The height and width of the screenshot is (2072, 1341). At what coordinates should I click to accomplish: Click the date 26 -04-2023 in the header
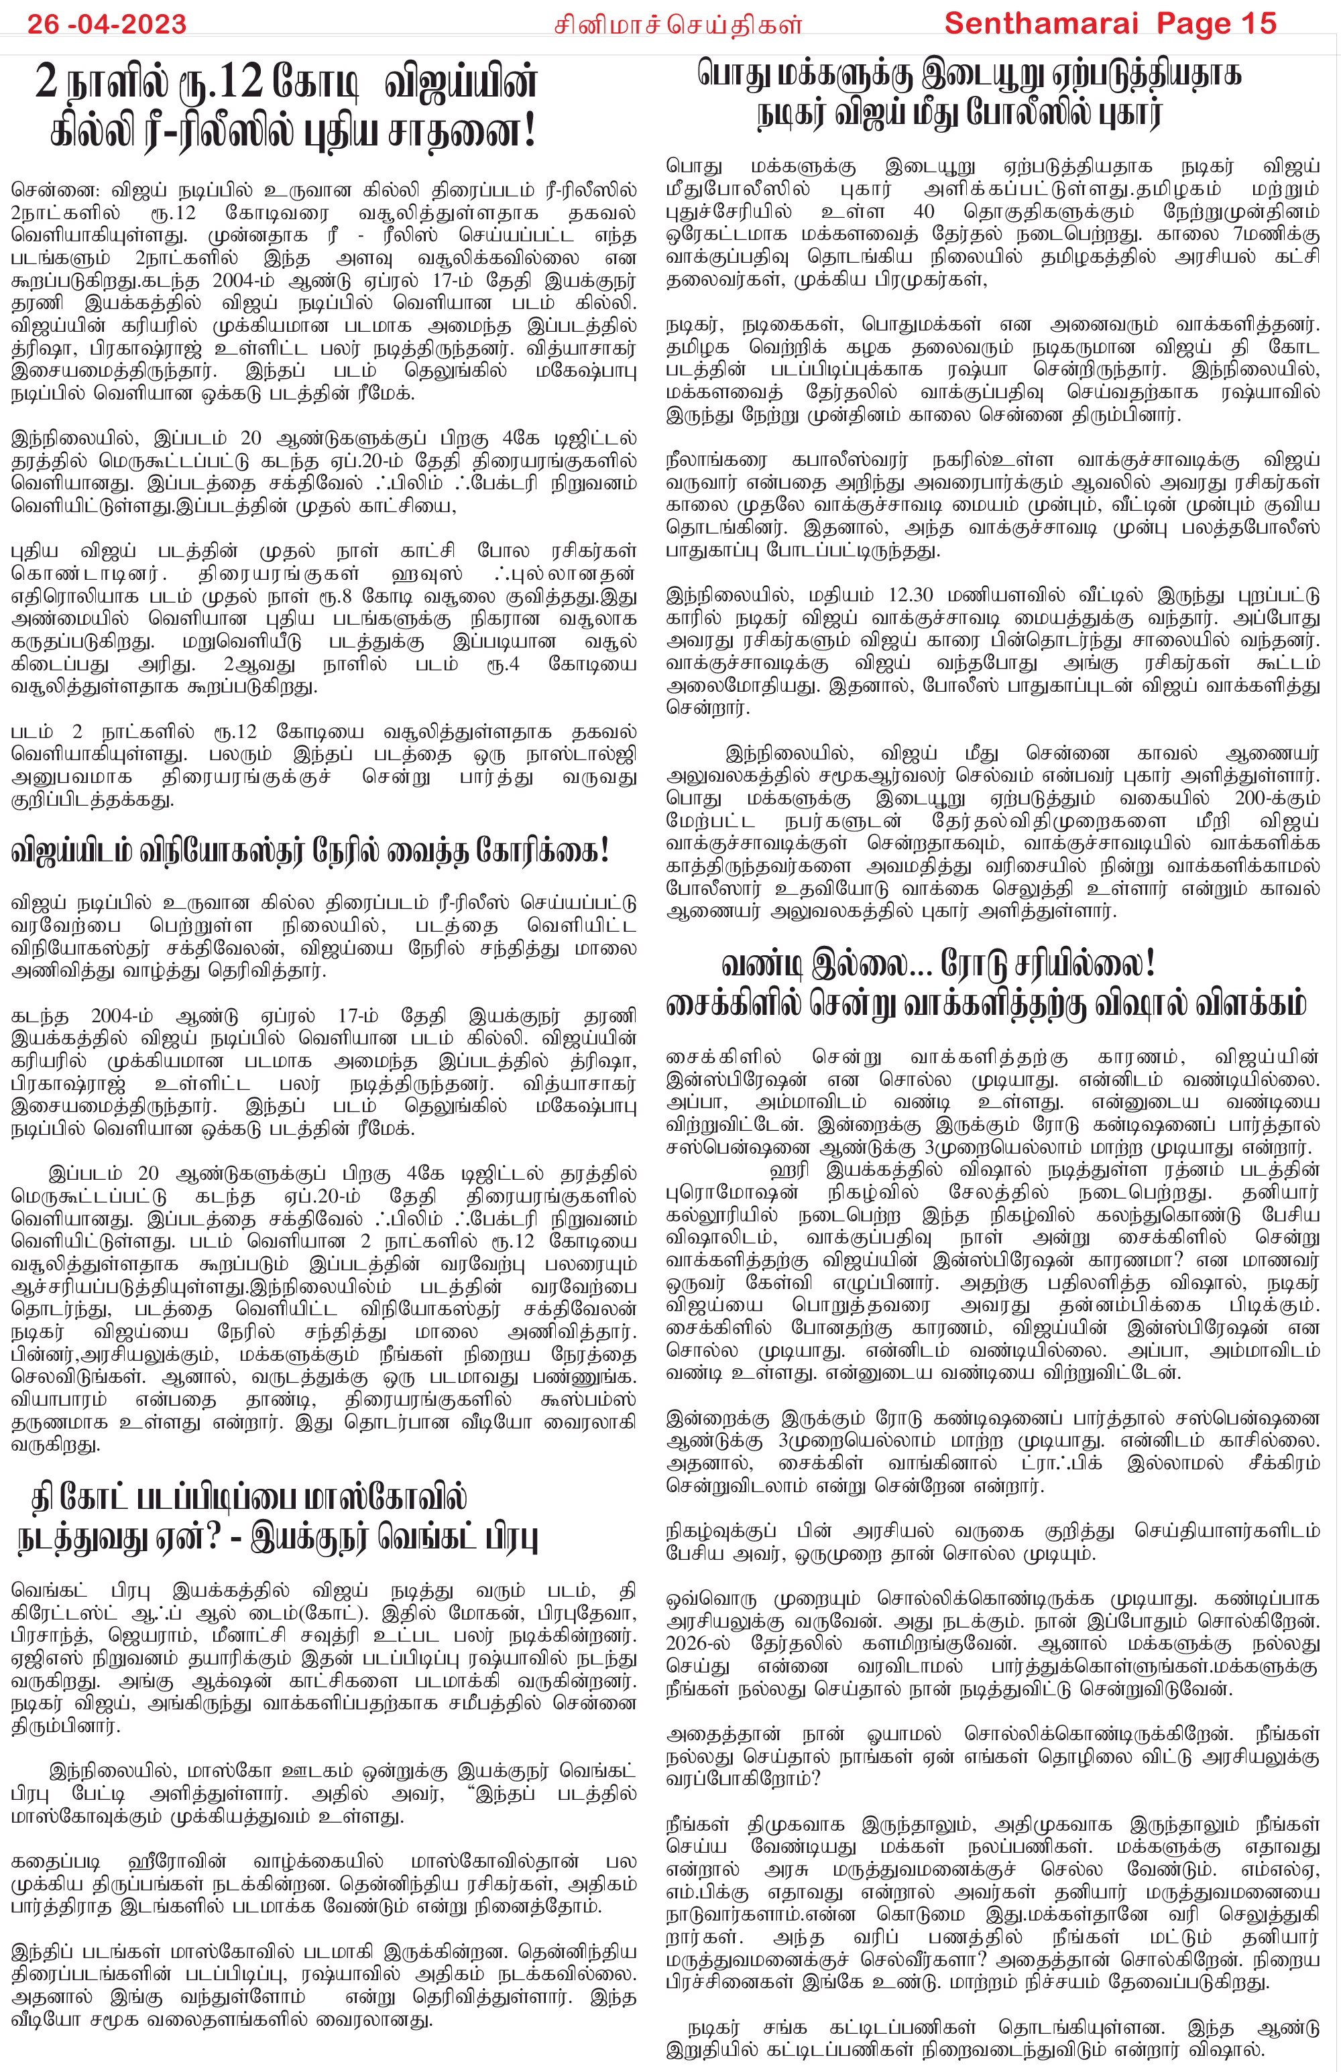pos(106,23)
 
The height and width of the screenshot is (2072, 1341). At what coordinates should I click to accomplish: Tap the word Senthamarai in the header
pos(1041,23)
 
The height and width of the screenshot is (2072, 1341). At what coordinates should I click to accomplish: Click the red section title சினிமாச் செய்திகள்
pos(677,25)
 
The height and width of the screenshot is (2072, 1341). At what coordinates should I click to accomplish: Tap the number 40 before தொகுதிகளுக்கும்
pos(924,212)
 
